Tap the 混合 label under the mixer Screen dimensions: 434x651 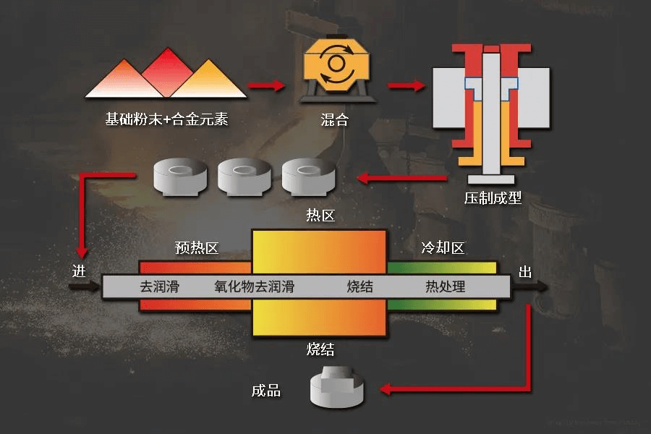[x=334, y=120]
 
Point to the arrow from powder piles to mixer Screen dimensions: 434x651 [x=266, y=85]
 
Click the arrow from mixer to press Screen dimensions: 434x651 [x=405, y=85]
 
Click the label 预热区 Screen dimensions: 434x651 [x=197, y=249]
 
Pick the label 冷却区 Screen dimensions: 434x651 [x=443, y=249]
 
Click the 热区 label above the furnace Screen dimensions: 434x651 [x=320, y=216]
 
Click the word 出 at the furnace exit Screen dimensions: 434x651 [x=526, y=273]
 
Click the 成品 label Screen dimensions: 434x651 [x=266, y=391]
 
